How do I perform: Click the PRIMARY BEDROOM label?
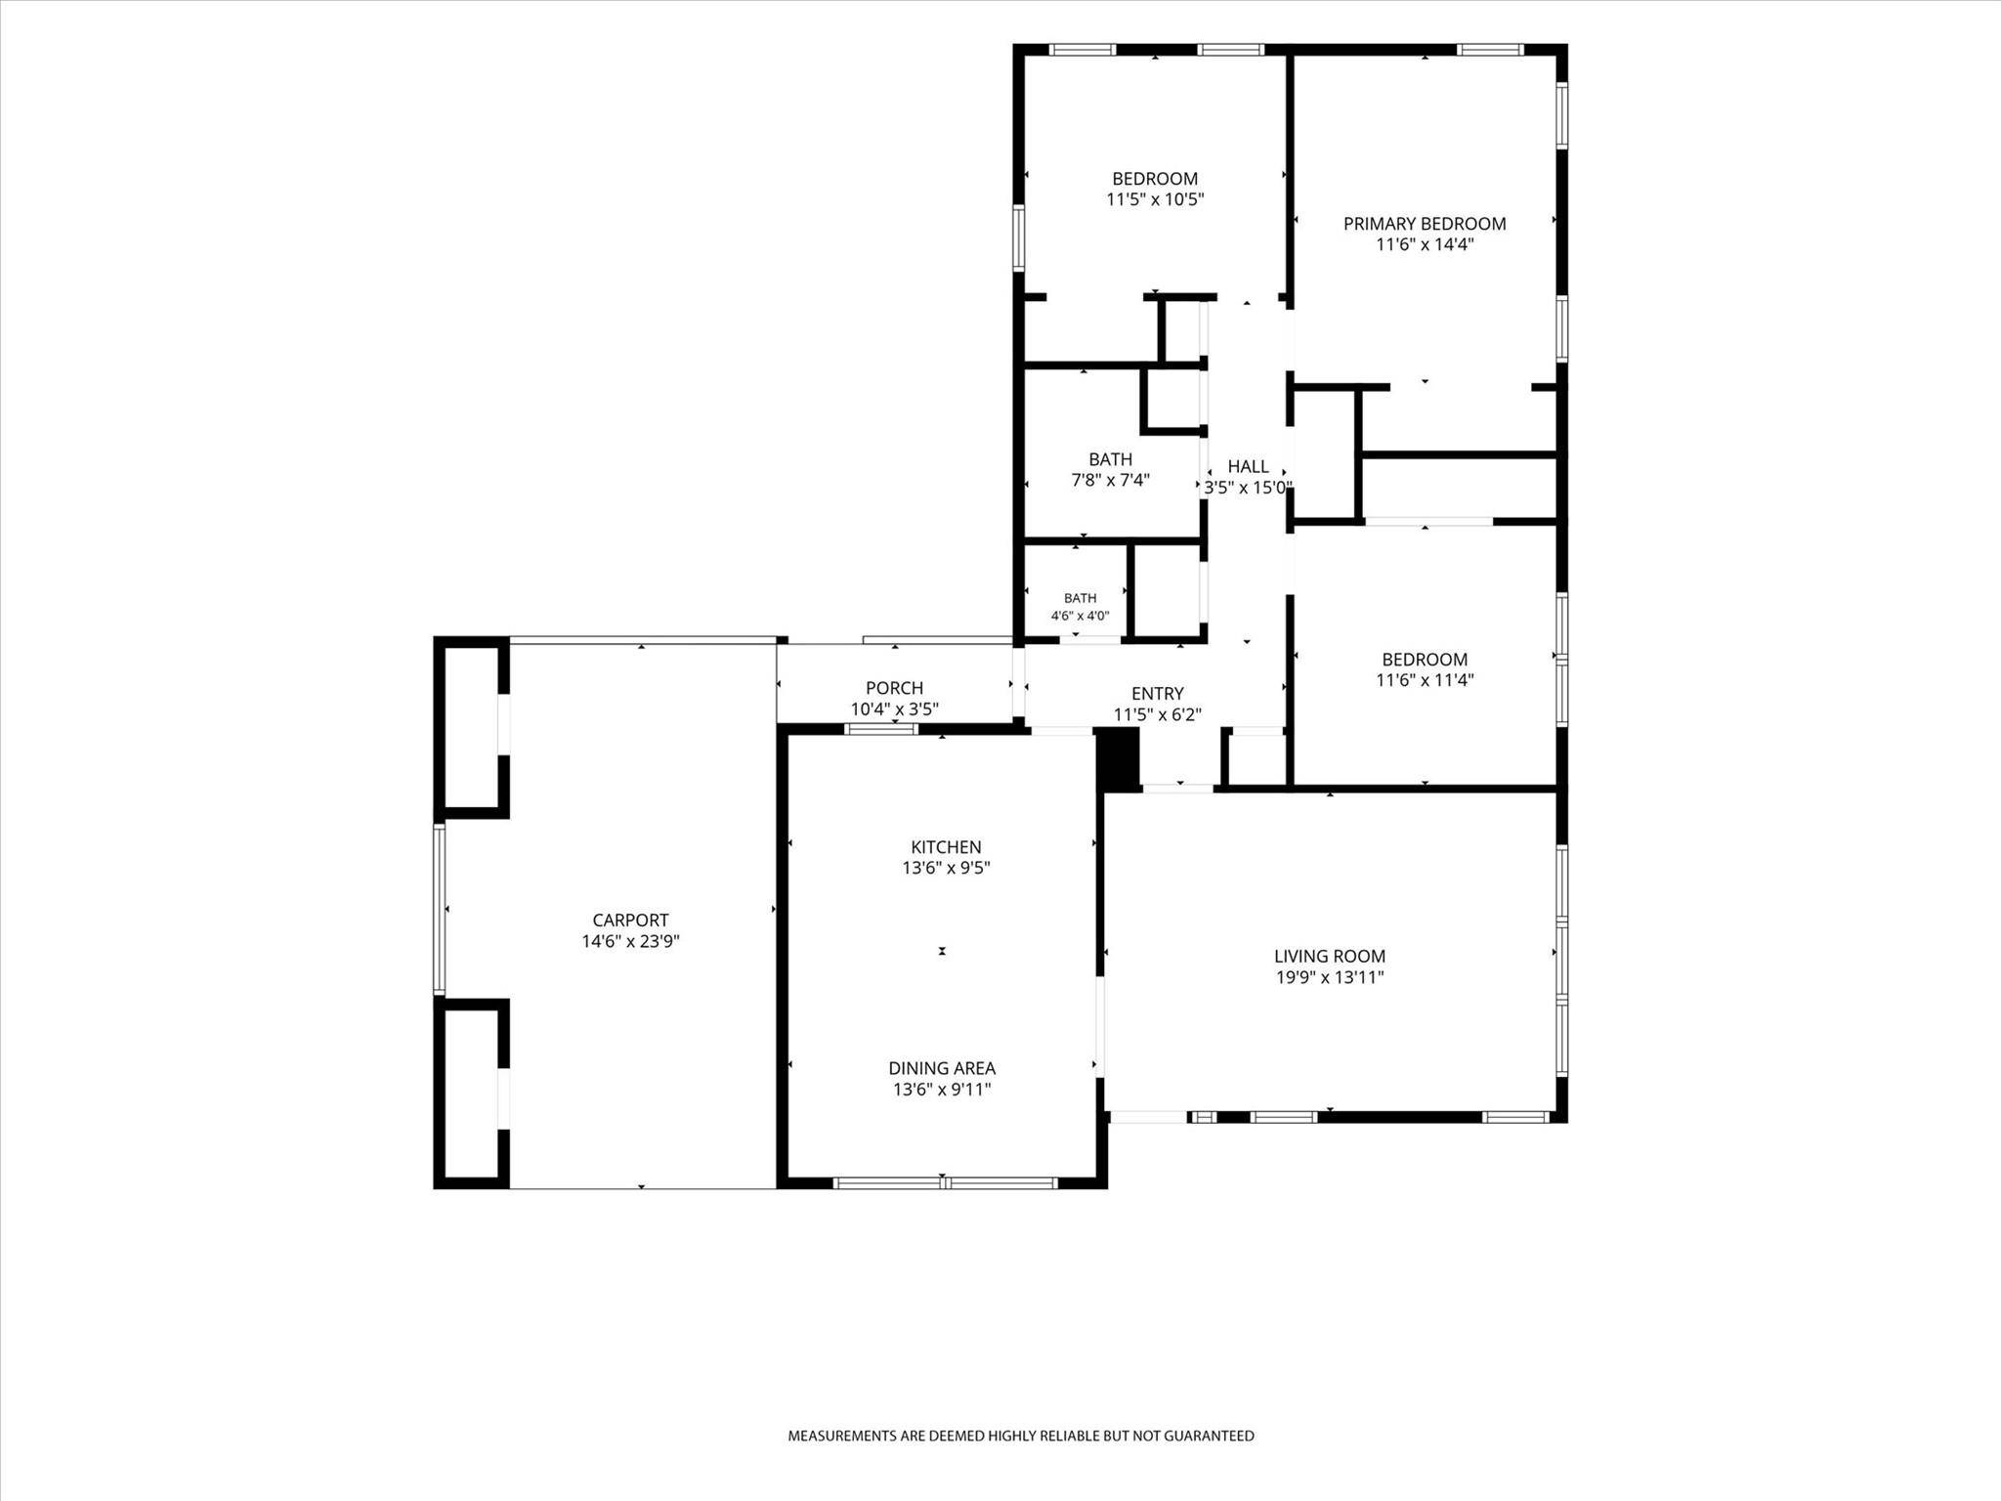click(1425, 224)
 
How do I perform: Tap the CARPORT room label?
click(630, 921)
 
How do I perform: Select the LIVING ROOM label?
click(1330, 957)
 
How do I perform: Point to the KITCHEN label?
click(946, 847)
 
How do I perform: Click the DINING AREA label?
click(942, 1069)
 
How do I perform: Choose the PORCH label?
click(894, 689)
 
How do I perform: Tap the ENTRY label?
click(1158, 695)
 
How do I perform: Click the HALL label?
click(1248, 467)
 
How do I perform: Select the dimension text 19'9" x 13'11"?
click(1330, 977)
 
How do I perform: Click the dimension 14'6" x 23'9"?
click(630, 942)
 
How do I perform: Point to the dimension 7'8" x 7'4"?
click(1111, 481)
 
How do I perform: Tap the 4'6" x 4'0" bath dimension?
click(1080, 617)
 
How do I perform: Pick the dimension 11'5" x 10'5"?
click(1155, 200)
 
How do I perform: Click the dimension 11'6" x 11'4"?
click(1425, 681)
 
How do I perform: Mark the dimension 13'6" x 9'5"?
click(946, 869)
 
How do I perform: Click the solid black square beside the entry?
click(1119, 758)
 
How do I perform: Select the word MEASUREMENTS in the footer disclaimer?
click(842, 1437)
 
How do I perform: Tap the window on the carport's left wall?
click(440, 910)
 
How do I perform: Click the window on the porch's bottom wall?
click(881, 729)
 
